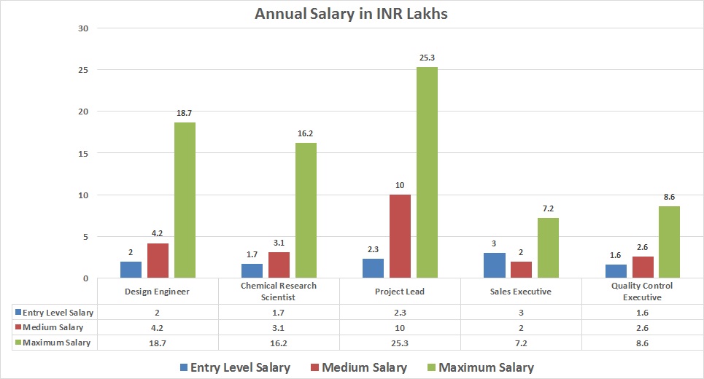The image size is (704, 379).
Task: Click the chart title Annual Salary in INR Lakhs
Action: pos(351,13)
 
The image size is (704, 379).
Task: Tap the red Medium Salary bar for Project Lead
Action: pos(400,236)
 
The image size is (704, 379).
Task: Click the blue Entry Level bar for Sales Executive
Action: pos(494,265)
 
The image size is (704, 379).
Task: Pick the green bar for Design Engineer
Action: pos(185,200)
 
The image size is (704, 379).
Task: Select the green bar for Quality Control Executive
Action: pos(669,242)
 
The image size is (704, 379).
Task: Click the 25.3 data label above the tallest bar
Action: pos(427,57)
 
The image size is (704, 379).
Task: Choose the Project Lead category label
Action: pos(400,292)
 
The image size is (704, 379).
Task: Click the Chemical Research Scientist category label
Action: pos(279,292)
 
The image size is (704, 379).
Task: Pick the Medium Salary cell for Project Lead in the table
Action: pos(400,327)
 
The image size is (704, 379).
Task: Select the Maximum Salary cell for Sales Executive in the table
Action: pos(521,343)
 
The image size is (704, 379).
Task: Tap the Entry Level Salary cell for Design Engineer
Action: pos(158,313)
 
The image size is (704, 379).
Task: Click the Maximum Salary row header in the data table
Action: pos(53,343)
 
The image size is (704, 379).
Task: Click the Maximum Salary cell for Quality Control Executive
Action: pos(642,343)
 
